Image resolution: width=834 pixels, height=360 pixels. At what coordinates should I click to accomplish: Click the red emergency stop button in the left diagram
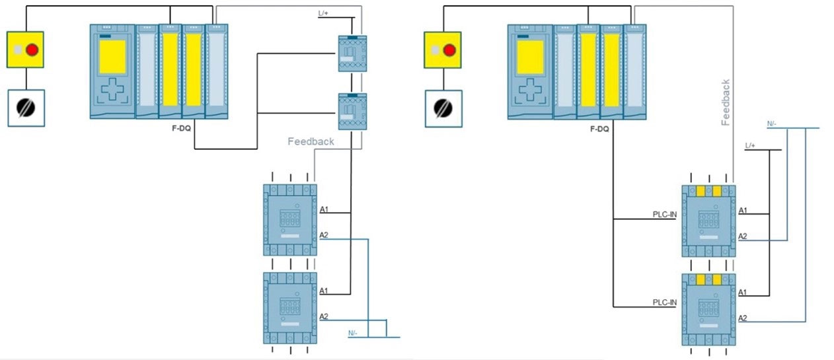point(32,50)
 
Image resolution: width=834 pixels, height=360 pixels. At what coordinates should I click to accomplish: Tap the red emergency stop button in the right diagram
point(449,50)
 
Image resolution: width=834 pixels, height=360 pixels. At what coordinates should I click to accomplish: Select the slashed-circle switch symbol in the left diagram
point(26,108)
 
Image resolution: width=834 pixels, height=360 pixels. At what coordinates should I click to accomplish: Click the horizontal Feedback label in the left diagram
point(311,141)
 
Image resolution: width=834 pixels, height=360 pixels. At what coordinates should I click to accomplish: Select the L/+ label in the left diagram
point(324,13)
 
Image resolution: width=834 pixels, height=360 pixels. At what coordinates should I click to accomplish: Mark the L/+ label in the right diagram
point(750,145)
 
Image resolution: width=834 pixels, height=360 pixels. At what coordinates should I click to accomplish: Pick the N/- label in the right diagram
point(772,124)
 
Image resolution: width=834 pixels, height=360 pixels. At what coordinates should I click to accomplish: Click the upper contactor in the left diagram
point(290,219)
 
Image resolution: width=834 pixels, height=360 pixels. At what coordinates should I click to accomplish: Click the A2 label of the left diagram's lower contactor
point(324,316)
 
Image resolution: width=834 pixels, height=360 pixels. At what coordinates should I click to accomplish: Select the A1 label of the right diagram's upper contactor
point(743,211)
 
